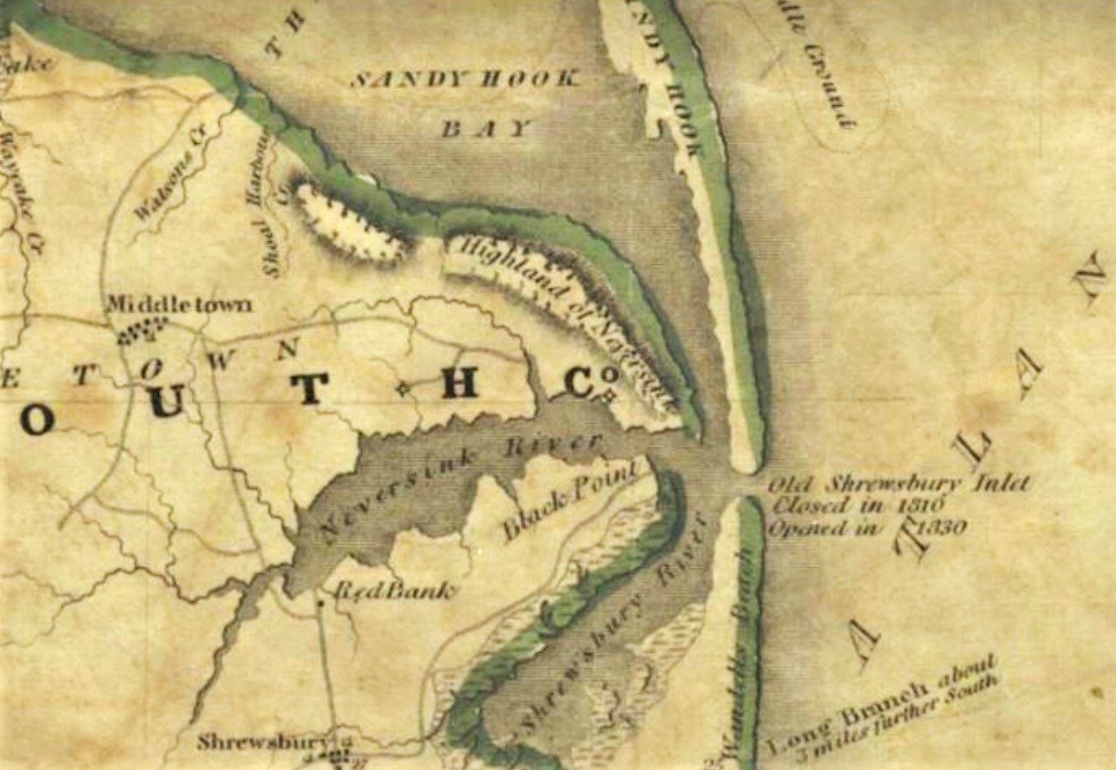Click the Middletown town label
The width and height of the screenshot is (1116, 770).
178,305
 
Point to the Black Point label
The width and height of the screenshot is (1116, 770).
569,502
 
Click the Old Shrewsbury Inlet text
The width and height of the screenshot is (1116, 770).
898,485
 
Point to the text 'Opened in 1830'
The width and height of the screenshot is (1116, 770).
867,528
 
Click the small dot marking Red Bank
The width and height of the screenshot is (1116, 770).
320,603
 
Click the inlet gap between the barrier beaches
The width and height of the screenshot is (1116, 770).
746,484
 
